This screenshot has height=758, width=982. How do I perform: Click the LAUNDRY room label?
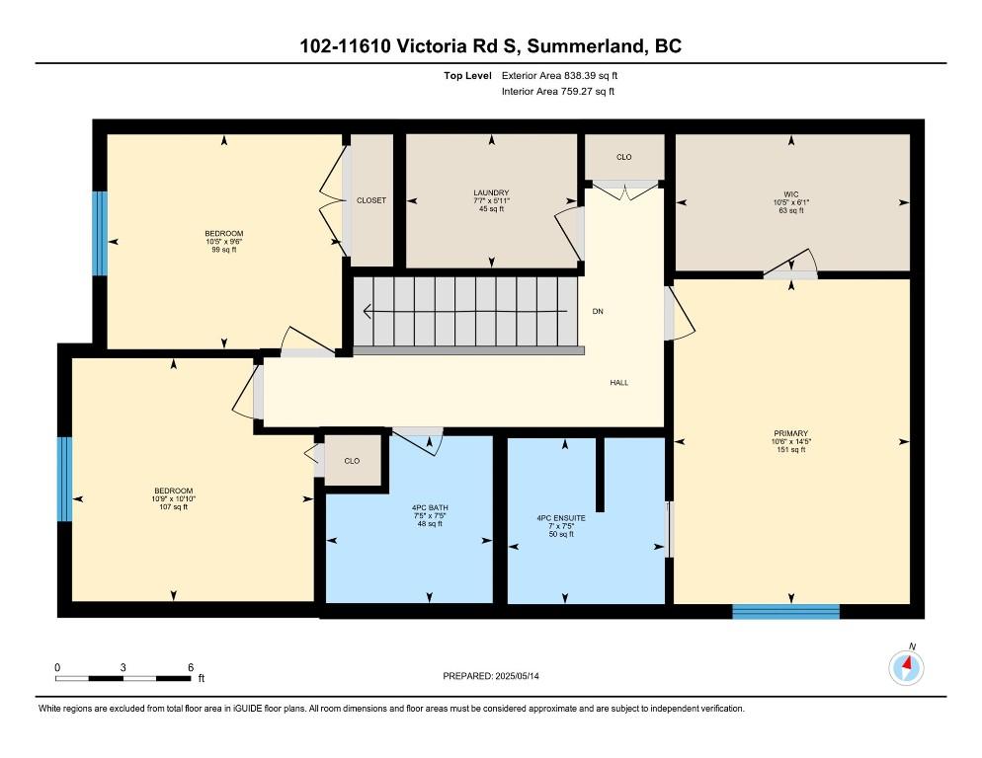pyautogui.click(x=491, y=192)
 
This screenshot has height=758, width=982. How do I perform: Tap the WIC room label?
pyautogui.click(x=791, y=194)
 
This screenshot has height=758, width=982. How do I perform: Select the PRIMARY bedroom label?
pyautogui.click(x=791, y=433)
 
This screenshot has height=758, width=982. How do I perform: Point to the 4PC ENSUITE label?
pyautogui.click(x=561, y=518)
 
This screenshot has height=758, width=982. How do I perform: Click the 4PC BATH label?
pyautogui.click(x=430, y=507)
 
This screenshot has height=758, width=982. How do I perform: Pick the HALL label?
pyautogui.click(x=619, y=382)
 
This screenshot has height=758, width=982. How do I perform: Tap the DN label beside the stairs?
pyautogui.click(x=598, y=311)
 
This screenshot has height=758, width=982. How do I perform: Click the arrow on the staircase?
pyautogui.click(x=465, y=311)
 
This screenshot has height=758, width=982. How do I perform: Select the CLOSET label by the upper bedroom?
pyautogui.click(x=371, y=200)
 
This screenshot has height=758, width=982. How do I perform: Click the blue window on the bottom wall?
pyautogui.click(x=785, y=612)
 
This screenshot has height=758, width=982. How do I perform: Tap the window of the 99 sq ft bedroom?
pyautogui.click(x=100, y=234)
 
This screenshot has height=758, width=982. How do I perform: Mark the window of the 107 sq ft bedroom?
pyautogui.click(x=64, y=479)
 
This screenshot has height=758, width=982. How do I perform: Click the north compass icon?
pyautogui.click(x=906, y=668)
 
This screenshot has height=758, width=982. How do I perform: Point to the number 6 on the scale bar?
pyautogui.click(x=191, y=668)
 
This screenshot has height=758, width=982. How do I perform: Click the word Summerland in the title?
pyautogui.click(x=586, y=46)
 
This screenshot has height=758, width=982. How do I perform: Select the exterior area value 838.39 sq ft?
pyautogui.click(x=591, y=76)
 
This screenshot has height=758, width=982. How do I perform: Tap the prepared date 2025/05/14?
pyautogui.click(x=518, y=676)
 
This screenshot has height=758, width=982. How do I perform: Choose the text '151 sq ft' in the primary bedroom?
pyautogui.click(x=791, y=449)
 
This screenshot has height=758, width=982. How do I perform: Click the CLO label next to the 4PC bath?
pyautogui.click(x=352, y=461)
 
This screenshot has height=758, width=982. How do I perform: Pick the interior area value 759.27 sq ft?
pyautogui.click(x=588, y=92)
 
